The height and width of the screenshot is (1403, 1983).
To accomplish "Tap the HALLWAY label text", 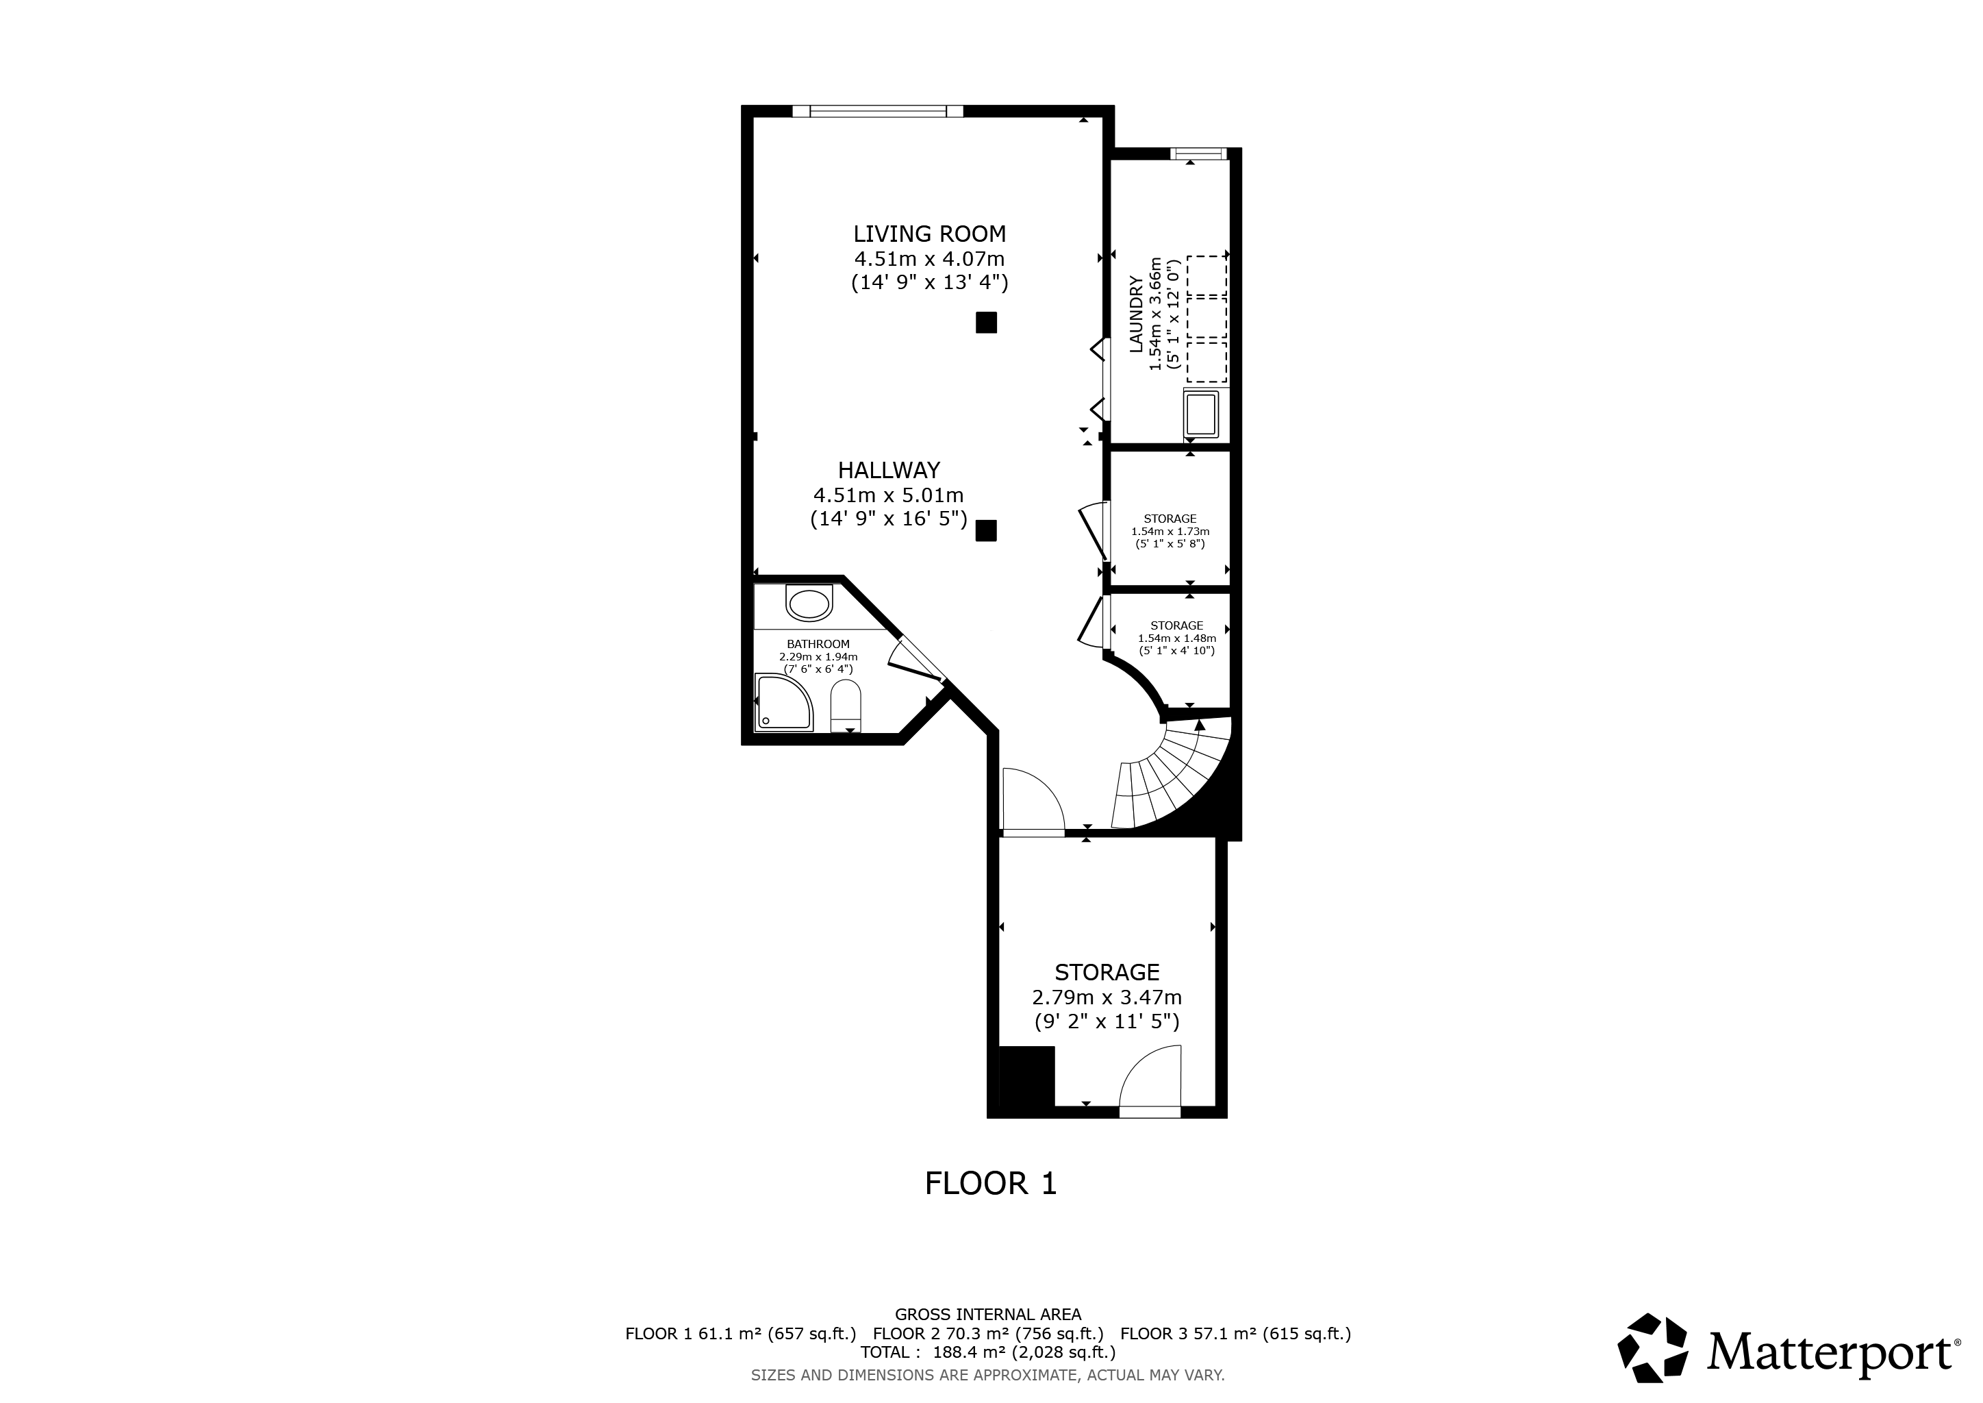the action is tap(889, 471).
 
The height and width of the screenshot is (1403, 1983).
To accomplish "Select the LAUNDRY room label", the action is tap(1137, 314).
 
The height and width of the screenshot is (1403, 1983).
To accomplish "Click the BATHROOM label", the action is tap(818, 644).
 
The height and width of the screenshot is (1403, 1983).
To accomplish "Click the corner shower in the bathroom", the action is tap(784, 702).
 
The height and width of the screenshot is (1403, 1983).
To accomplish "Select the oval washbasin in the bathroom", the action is tap(809, 603).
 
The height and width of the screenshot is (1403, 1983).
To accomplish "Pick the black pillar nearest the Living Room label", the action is tap(986, 322).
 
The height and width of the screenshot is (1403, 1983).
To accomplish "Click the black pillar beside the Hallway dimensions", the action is tap(986, 530).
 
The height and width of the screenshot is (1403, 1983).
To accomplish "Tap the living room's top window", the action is tap(878, 110).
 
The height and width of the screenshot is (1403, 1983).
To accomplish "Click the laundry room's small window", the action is tap(1198, 153).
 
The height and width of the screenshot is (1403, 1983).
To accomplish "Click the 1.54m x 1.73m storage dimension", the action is tap(1170, 532).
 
